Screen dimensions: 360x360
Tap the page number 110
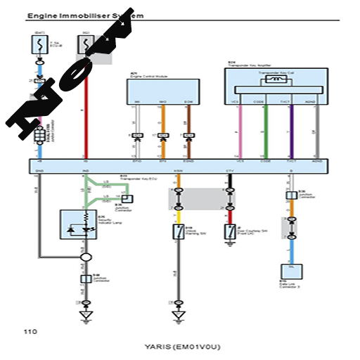click(x=30, y=331)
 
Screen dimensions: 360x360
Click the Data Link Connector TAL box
click(x=290, y=271)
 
